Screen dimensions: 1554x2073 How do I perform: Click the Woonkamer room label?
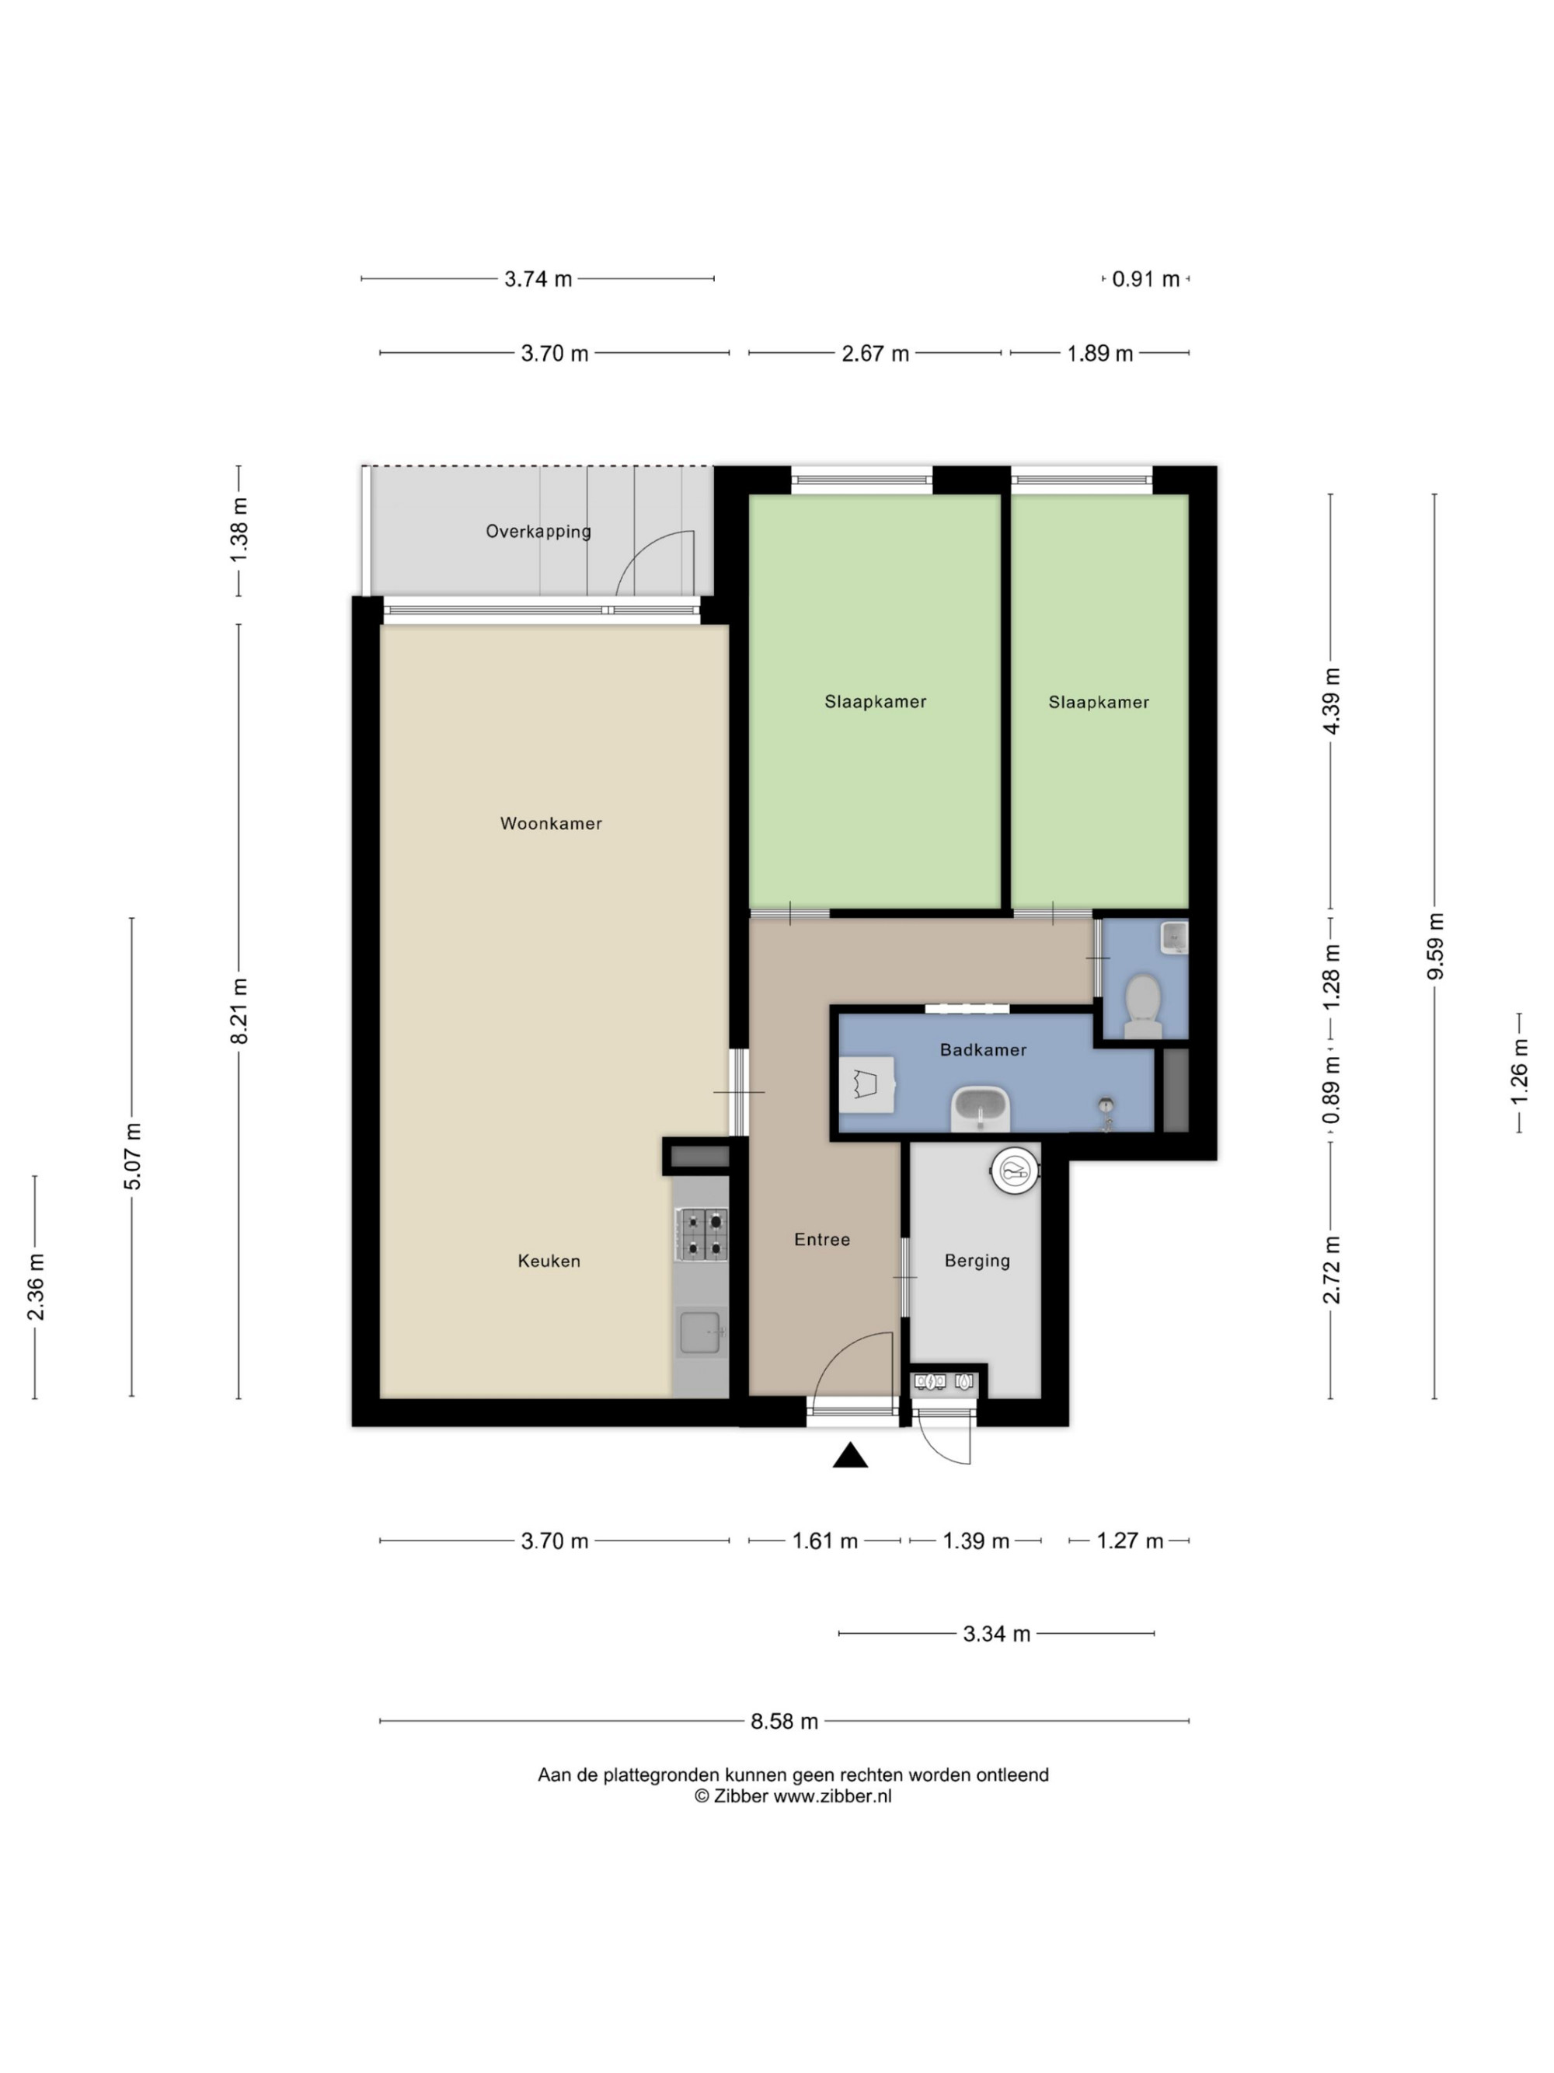(551, 823)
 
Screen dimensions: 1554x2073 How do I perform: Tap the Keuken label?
(549, 1261)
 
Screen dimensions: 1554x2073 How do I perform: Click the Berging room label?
(977, 1261)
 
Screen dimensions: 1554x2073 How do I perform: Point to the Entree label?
(821, 1239)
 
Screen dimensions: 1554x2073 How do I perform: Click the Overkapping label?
(538, 532)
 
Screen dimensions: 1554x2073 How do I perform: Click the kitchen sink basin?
(700, 1331)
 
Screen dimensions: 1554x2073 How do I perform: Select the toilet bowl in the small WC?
(1142, 1005)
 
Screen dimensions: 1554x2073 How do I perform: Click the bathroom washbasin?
(981, 1108)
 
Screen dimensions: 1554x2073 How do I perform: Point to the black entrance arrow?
(849, 1454)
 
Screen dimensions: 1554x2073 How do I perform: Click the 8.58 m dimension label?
(784, 1721)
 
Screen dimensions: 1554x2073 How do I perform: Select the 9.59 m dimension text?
(1435, 946)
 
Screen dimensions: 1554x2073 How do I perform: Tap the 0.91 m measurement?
(1145, 278)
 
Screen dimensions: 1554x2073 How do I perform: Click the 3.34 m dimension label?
(997, 1634)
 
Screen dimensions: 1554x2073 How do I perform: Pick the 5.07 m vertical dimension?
(132, 1157)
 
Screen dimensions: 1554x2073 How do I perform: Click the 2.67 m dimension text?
(875, 354)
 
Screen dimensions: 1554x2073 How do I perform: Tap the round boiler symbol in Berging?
(1015, 1170)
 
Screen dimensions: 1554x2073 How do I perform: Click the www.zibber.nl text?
(832, 1796)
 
